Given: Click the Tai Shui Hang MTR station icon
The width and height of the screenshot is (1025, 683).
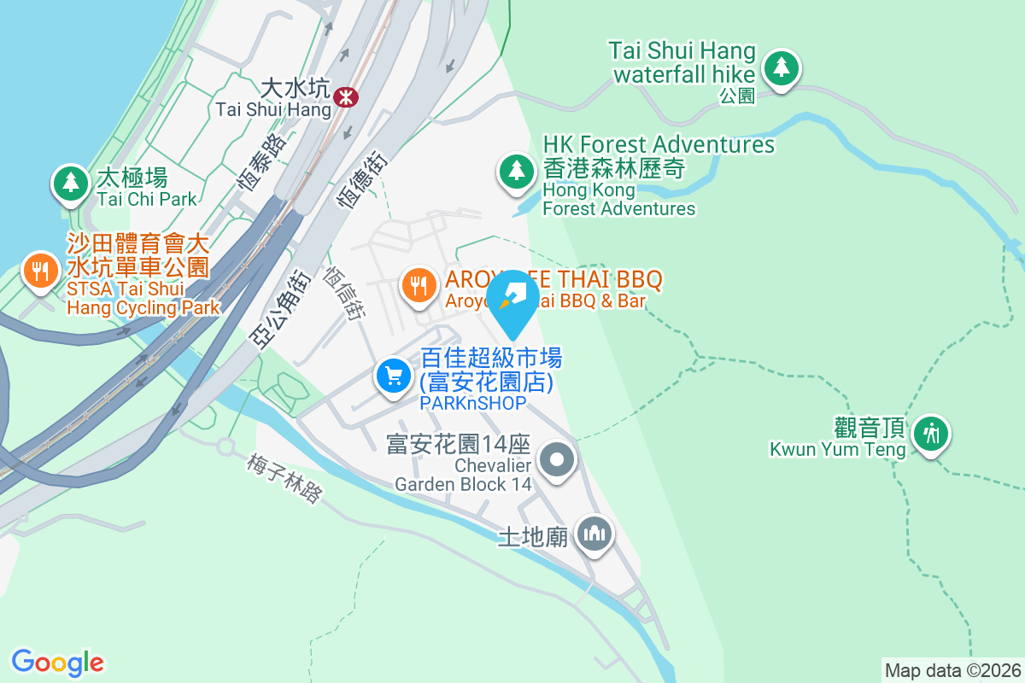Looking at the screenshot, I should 346,96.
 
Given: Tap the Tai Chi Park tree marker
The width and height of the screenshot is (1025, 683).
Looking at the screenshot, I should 71,182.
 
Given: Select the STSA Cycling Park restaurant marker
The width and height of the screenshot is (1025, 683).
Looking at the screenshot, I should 38,271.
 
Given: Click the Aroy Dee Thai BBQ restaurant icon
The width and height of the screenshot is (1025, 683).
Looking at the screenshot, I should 418,283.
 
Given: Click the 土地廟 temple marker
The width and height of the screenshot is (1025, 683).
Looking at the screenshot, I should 594,534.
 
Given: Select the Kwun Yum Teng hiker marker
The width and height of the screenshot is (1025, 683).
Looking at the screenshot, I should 930,434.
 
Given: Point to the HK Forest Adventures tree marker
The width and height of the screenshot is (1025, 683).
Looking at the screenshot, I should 516,171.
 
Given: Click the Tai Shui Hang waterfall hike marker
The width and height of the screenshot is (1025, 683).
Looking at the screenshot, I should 780,67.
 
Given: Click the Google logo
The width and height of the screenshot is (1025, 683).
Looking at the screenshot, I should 57,662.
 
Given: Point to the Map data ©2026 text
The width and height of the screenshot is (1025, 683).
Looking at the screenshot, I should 952,670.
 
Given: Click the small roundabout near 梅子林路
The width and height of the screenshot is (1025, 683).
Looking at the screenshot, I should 226,447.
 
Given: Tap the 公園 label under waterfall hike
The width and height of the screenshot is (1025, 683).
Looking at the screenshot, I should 737,96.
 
